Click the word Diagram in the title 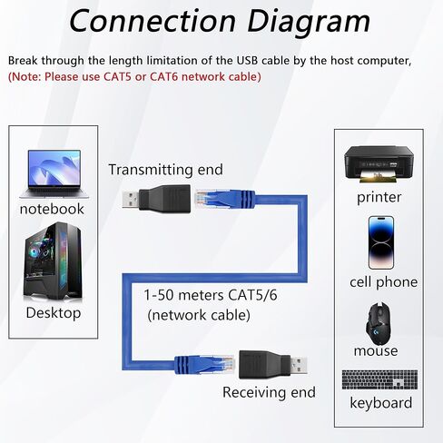309,21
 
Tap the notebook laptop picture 54,174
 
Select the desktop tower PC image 53,261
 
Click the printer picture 379,164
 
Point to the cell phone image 381,242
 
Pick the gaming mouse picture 378,323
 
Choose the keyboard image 379,379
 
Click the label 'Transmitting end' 165,170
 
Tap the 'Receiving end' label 269,392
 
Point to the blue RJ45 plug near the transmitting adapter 224,199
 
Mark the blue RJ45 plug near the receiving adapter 204,364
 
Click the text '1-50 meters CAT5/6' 211,295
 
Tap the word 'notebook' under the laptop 52,209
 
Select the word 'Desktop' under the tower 54,312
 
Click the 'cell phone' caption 383,282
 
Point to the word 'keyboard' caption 381,403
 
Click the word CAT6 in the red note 164,76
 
